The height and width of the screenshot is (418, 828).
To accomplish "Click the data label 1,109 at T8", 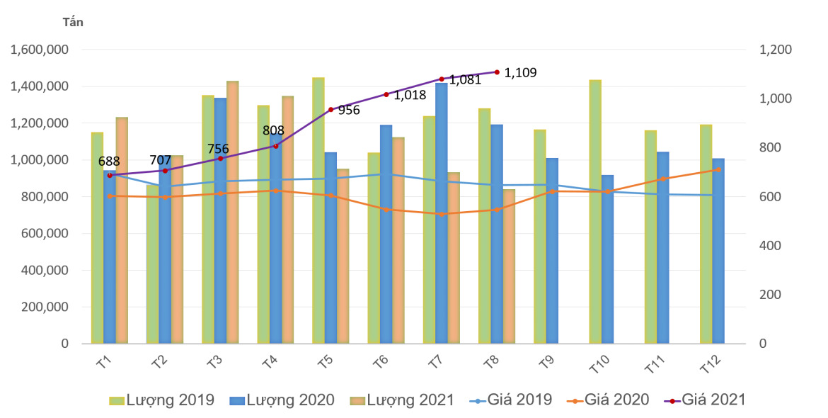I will [520, 72].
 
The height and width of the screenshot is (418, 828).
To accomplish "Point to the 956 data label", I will [349, 111].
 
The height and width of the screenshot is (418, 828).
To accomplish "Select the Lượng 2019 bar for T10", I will [595, 212].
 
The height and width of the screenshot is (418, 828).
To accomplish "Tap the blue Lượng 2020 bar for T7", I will [442, 213].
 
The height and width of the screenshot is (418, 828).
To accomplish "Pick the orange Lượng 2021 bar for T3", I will [233, 213].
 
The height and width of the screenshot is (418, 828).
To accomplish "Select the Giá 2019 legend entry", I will [510, 400].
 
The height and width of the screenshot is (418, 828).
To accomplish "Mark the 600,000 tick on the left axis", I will [43, 234].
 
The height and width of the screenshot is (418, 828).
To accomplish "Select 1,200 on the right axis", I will [775, 50].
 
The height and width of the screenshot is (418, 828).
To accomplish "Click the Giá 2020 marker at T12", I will [718, 169].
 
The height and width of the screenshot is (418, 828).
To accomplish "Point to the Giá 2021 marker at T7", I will [442, 79].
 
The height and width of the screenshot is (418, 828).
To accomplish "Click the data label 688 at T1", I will [109, 162].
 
